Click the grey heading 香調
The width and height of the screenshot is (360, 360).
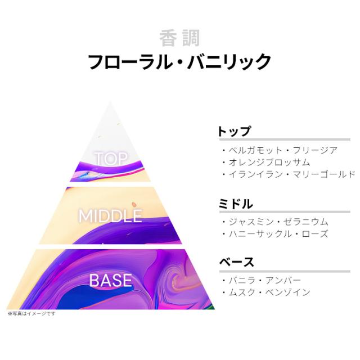pyautogui.click(x=179, y=38)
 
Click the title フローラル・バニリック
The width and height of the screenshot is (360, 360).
pyautogui.click(x=179, y=61)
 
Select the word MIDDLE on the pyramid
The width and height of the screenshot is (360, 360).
pyautogui.click(x=110, y=216)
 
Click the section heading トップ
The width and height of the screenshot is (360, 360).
pyautogui.click(x=234, y=131)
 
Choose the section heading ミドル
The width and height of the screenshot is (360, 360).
pyautogui.click(x=235, y=204)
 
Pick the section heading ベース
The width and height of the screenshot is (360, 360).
pyautogui.click(x=236, y=262)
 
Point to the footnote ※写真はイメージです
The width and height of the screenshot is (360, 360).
pyautogui.click(x=31, y=313)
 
